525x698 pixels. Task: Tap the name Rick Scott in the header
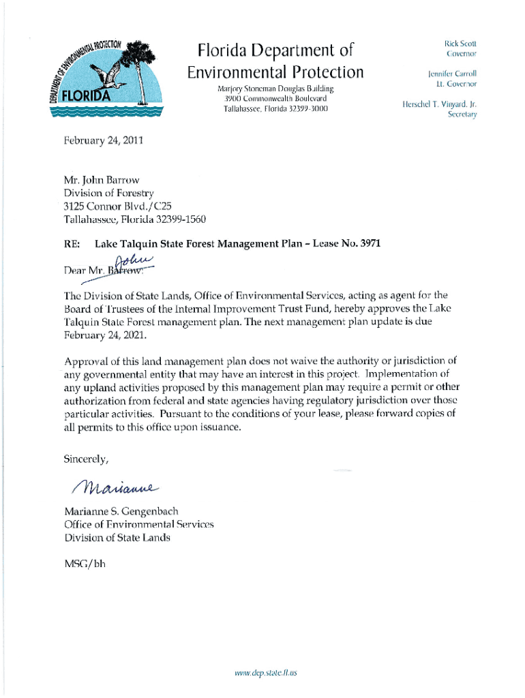pos(461,43)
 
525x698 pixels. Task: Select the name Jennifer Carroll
pos(452,73)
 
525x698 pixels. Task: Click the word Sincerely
pos(86,459)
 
